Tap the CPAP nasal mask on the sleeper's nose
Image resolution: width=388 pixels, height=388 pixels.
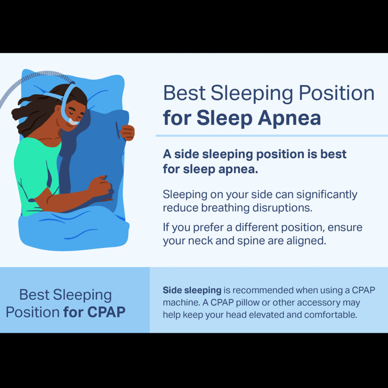(x=74, y=122)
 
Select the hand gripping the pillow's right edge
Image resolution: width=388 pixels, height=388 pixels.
(x=127, y=132)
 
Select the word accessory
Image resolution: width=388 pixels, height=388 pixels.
(x=319, y=302)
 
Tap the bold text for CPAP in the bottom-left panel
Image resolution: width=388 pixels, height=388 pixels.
(x=94, y=311)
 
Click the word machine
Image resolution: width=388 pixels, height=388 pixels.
(x=179, y=302)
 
